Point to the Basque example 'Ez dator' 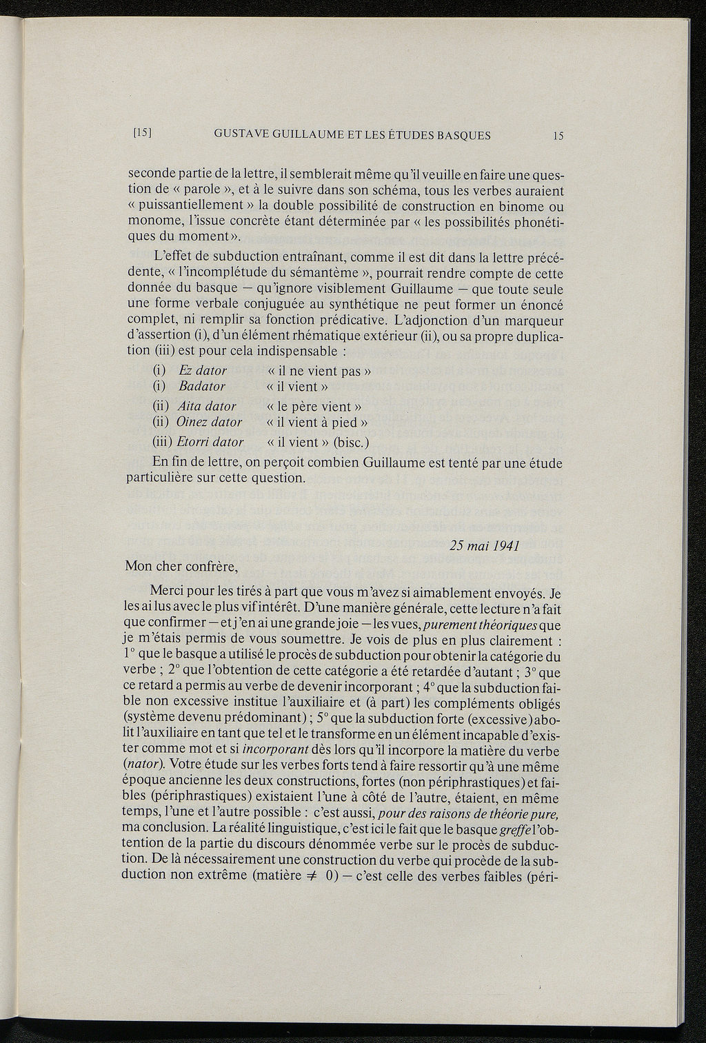(202, 371)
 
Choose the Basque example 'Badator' (201, 386)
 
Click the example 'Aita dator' (206, 407)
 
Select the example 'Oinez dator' (209, 422)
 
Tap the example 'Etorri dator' (210, 442)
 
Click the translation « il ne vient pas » (319, 371)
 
